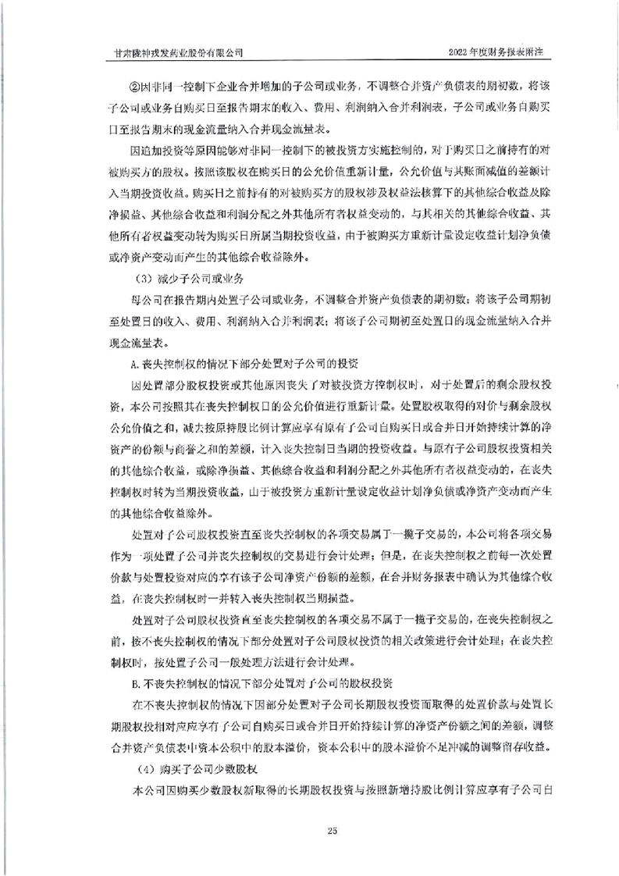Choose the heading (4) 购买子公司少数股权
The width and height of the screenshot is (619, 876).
click(181, 770)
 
